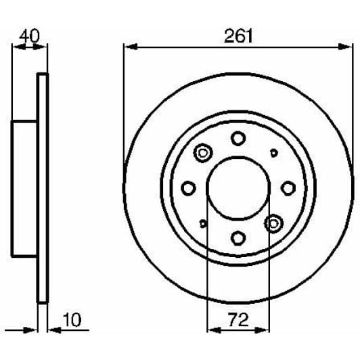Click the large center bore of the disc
238,187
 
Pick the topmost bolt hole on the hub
238,138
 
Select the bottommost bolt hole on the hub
238,238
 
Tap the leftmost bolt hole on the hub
189,187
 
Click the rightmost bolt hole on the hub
288,187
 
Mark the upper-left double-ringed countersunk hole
202,154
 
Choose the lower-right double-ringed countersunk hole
273,222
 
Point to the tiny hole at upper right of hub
273,152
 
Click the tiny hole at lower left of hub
203,223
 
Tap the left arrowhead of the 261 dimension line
129,47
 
